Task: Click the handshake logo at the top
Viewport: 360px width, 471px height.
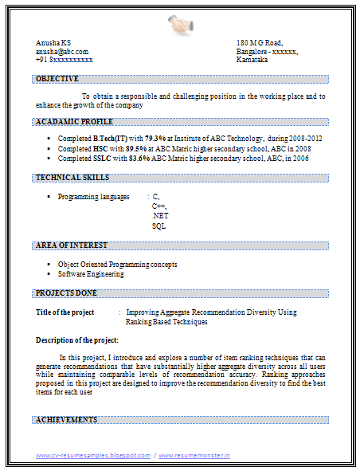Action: (180, 25)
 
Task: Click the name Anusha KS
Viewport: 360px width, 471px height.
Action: (53, 42)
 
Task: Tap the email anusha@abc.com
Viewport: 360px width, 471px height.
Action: (62, 51)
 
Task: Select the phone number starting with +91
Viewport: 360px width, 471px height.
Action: (65, 60)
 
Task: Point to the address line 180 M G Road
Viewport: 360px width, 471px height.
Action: (260, 42)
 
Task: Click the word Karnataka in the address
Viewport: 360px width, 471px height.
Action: (252, 60)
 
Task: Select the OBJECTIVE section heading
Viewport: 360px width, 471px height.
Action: (57, 79)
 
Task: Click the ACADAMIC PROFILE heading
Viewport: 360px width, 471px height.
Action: (74, 122)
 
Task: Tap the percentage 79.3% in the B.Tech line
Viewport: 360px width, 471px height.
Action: (155, 139)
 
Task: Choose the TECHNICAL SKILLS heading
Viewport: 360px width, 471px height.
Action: (72, 178)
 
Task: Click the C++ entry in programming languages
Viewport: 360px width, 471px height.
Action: (159, 206)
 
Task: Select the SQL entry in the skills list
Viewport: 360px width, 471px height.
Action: (158, 226)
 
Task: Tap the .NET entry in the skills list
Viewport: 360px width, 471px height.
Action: (160, 216)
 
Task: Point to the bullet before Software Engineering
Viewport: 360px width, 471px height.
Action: (49, 274)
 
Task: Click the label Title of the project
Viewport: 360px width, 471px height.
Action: (65, 312)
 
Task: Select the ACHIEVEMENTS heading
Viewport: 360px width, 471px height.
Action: (67, 419)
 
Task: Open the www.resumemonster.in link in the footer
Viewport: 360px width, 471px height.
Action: (194, 456)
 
